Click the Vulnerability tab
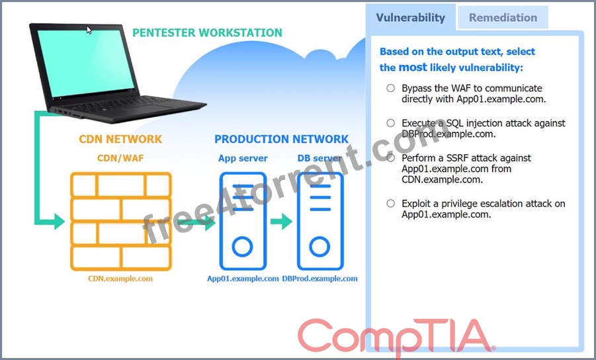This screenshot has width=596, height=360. coord(411,17)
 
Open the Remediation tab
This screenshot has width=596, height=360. coord(503,17)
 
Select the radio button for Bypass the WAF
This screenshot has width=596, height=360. coord(390,88)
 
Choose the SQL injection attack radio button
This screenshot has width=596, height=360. coord(390,123)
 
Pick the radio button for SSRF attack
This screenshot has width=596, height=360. coord(390,157)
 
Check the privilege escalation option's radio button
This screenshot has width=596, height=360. coord(390,203)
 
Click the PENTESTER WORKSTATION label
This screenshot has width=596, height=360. coord(207,32)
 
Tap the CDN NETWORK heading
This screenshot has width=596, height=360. coord(120,139)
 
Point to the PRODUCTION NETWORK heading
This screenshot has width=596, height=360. coord(281,139)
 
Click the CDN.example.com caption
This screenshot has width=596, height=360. coord(120,279)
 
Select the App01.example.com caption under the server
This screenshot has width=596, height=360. coord(243,279)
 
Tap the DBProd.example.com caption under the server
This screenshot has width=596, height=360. coord(319,279)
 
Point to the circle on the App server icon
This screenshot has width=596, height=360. coord(243,237)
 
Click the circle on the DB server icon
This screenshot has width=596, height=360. coord(319,237)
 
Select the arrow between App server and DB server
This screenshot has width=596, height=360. coord(281,221)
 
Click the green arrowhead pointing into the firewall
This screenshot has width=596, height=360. coord(59,221)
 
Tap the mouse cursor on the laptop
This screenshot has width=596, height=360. coord(89,30)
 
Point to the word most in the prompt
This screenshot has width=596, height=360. coord(413,67)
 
